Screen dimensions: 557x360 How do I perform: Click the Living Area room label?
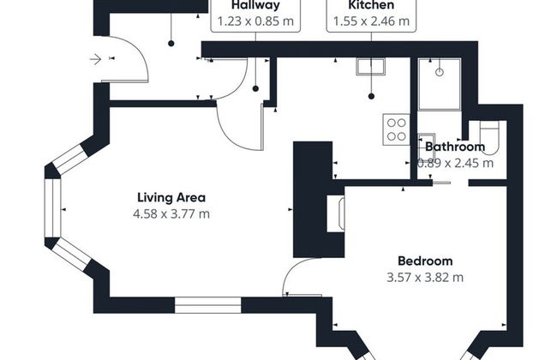coord(171,197)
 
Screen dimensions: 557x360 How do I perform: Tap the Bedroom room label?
coord(425,261)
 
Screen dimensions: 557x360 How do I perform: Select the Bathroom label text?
coord(455,147)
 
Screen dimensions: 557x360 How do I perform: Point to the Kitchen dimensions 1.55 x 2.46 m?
coord(371,21)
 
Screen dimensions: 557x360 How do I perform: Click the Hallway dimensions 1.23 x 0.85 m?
coord(255,21)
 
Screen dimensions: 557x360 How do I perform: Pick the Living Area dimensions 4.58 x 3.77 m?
coord(171,214)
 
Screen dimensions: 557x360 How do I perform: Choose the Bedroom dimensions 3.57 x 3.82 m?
coord(425,277)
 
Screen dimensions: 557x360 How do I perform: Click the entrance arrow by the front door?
coord(96,59)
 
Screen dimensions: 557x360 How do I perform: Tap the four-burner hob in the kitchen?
coord(396,129)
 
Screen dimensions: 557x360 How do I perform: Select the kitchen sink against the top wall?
coord(370,67)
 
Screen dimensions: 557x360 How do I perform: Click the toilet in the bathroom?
coord(489,137)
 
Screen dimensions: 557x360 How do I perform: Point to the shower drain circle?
coord(440,73)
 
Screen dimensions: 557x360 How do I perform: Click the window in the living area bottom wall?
coord(208,305)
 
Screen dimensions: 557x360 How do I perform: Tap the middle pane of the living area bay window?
coord(52,208)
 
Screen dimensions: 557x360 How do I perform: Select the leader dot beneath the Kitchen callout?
coord(371,96)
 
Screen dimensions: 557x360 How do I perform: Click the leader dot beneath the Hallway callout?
coord(255,89)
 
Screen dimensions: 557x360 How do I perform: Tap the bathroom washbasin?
coord(426,142)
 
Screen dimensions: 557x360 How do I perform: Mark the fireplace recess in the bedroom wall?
coord(336,213)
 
